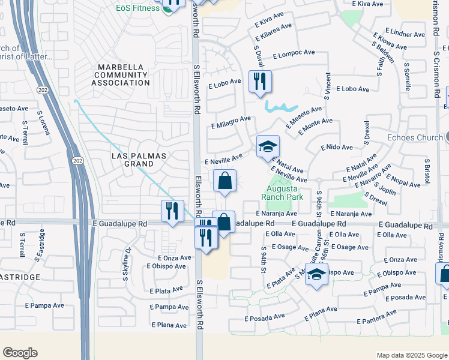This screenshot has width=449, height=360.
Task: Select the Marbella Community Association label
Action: click(x=121, y=74)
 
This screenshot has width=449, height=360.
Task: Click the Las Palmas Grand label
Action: click(x=139, y=160)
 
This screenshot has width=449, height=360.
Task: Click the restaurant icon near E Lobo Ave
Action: click(x=260, y=82)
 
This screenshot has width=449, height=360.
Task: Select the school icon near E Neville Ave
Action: click(x=268, y=146)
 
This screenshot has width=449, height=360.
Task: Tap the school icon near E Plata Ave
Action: click(x=316, y=274)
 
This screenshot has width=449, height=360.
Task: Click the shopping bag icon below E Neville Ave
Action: click(x=224, y=181)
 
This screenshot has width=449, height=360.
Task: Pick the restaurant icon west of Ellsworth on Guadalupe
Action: click(x=172, y=211)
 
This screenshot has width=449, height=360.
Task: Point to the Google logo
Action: click(x=20, y=353)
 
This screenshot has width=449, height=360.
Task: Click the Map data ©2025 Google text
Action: click(x=411, y=355)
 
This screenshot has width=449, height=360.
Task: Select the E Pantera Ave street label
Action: click(x=376, y=316)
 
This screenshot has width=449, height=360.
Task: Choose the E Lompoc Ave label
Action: click(x=294, y=53)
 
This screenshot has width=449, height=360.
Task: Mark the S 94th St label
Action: click(x=263, y=259)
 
